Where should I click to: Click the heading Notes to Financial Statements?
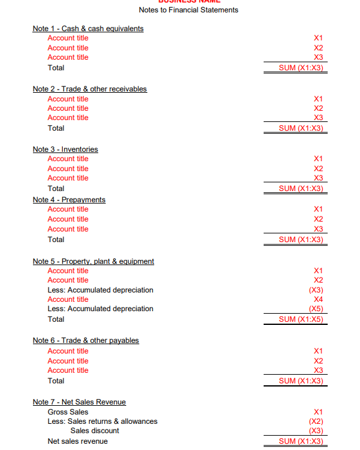click(188, 10)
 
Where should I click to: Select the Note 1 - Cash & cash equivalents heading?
click(88, 29)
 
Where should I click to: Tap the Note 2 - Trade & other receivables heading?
click(90, 89)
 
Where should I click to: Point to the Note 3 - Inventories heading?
click(65, 149)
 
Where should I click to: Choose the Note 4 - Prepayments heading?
click(69, 200)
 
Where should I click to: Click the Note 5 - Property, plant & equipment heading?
click(93, 261)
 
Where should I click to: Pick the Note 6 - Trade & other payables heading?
click(86, 340)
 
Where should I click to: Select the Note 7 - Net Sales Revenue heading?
click(79, 402)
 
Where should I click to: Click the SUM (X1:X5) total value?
click(301, 319)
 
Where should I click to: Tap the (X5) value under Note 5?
click(316, 309)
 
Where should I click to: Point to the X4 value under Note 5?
click(318, 299)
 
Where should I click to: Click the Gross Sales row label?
click(68, 412)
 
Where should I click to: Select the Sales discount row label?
click(95, 431)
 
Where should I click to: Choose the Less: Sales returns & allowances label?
click(103, 421)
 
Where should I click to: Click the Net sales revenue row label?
click(78, 441)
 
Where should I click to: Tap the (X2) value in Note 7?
click(316, 421)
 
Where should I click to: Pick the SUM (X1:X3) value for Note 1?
click(301, 68)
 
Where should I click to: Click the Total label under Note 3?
click(56, 189)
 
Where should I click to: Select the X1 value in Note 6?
click(318, 351)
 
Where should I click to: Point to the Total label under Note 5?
click(56, 319)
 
